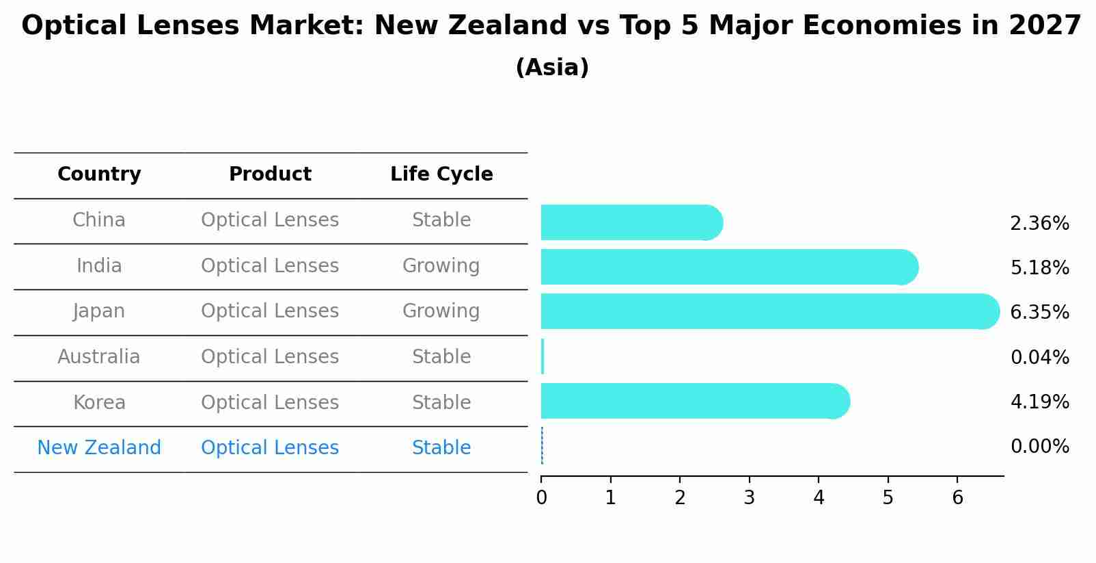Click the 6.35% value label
[x=1039, y=313]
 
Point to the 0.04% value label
[x=1039, y=358]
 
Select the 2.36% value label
[x=1039, y=224]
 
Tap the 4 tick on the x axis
[x=819, y=498]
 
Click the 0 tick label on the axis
[x=541, y=498]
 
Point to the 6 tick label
[x=957, y=498]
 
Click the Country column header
[x=99, y=174]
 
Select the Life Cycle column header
[x=441, y=174]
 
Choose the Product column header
[x=270, y=174]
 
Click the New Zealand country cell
[x=99, y=448]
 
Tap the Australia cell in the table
[x=99, y=357]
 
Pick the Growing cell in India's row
[x=441, y=266]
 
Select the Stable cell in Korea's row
[x=441, y=403]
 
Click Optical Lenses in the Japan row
[x=270, y=311]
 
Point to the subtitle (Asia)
[x=552, y=68]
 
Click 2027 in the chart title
[x=1045, y=26]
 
